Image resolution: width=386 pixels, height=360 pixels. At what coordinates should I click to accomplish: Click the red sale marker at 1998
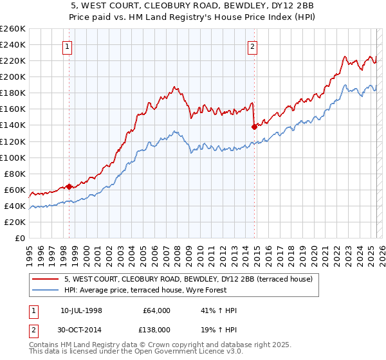click(69, 187)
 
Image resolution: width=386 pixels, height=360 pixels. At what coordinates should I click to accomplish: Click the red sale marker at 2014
click(254, 127)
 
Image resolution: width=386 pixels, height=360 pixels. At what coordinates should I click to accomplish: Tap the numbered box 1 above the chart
click(68, 46)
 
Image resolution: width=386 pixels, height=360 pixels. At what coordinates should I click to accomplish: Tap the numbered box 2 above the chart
click(253, 46)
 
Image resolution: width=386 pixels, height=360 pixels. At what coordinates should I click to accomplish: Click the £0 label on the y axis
click(19, 238)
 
